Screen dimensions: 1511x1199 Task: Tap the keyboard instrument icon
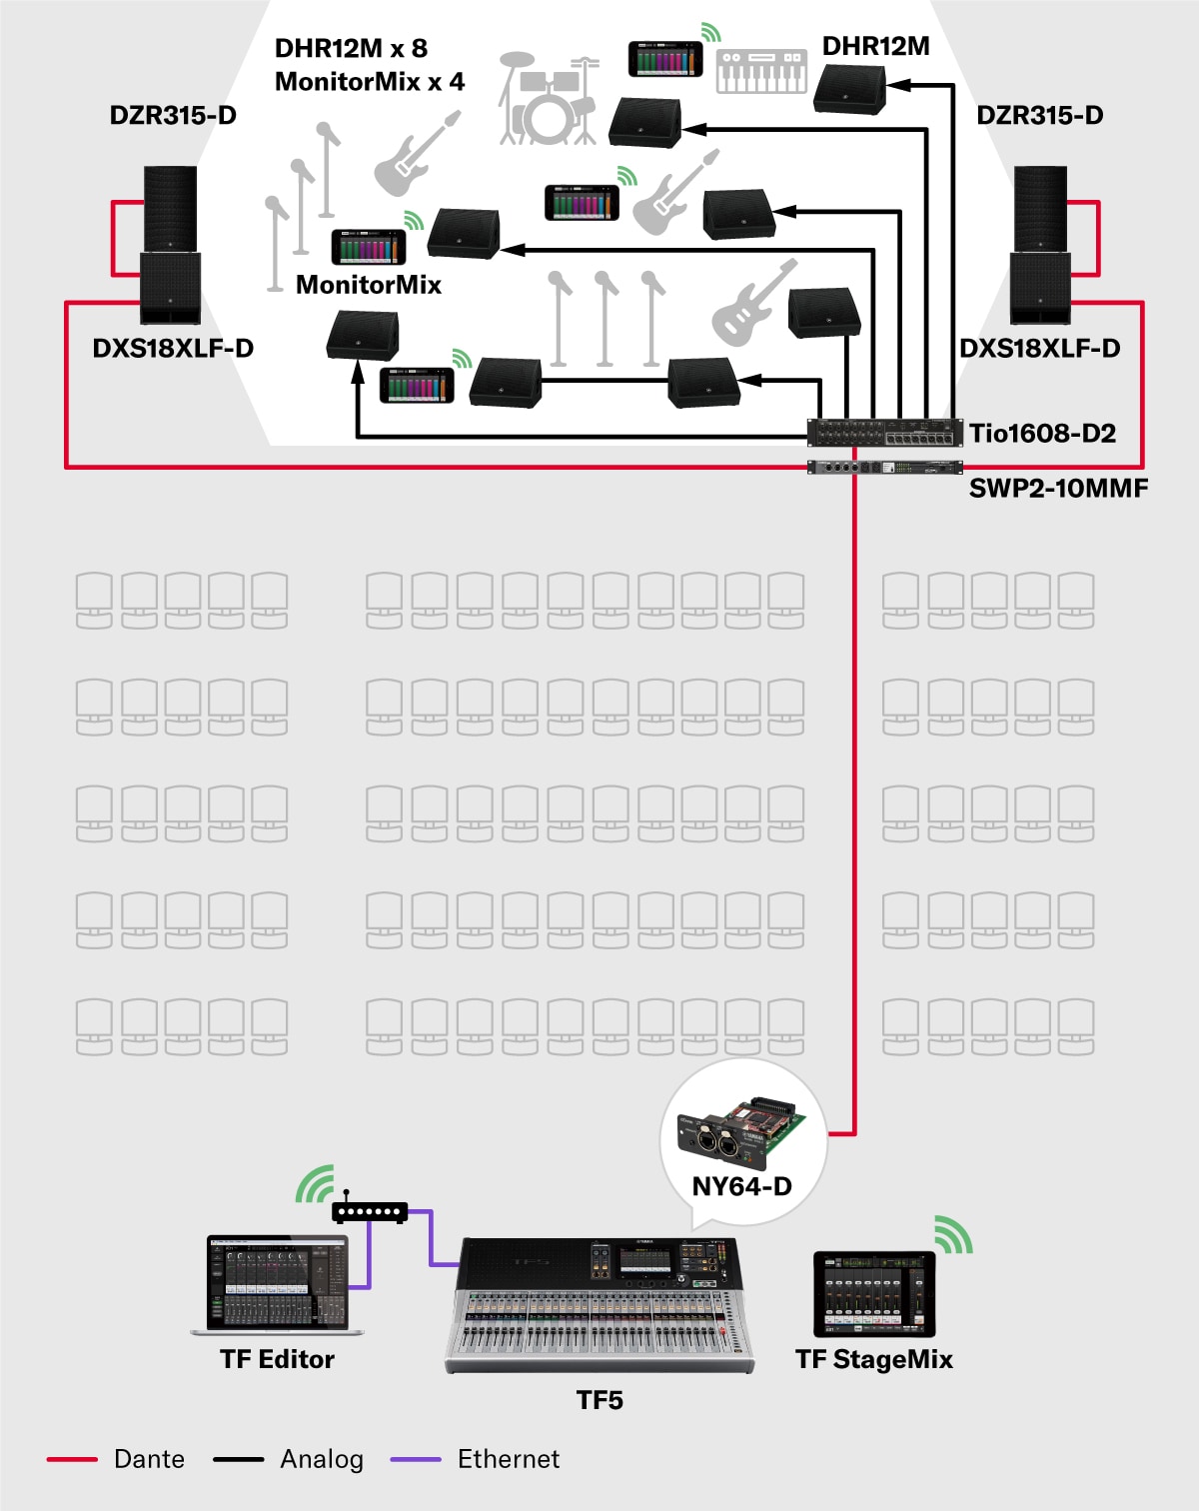[761, 71]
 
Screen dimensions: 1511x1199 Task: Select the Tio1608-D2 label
[1042, 433]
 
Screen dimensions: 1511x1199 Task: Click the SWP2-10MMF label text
[1058, 488]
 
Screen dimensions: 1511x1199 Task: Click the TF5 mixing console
[599, 1304]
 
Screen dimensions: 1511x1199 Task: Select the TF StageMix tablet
[874, 1293]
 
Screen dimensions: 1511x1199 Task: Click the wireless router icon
[370, 1212]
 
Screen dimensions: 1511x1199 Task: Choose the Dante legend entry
[149, 1459]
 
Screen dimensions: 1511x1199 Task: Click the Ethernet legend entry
[508, 1459]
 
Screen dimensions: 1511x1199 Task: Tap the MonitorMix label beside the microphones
[369, 285]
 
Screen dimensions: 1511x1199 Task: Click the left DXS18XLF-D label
[173, 348]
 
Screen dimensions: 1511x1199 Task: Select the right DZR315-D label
[1040, 115]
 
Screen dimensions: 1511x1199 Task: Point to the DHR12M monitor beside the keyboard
[849, 88]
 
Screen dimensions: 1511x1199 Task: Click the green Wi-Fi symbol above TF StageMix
[953, 1235]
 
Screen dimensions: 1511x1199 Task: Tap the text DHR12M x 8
[351, 48]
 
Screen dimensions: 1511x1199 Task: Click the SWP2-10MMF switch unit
[884, 468]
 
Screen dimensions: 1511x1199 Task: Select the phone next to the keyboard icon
[665, 59]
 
